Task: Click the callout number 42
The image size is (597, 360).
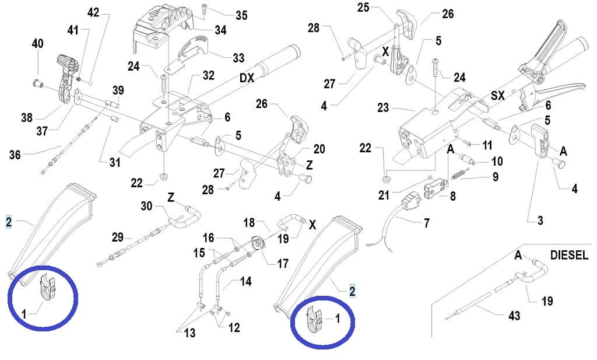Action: point(93,12)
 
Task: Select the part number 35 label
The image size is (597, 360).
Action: point(241,16)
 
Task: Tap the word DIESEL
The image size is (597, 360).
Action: point(569,255)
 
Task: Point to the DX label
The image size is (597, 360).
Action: point(247,78)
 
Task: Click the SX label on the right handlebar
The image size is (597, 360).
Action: point(497,95)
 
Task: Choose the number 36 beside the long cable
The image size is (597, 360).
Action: point(15,155)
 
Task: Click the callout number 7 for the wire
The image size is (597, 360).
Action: point(426,223)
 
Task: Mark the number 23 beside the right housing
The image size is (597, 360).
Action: point(383,107)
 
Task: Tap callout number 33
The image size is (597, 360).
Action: point(238,58)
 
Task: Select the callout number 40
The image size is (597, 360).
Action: point(37,44)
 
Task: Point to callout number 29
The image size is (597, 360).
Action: point(117,237)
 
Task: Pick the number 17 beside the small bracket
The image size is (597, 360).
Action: point(283,264)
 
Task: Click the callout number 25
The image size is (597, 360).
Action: point(363,8)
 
